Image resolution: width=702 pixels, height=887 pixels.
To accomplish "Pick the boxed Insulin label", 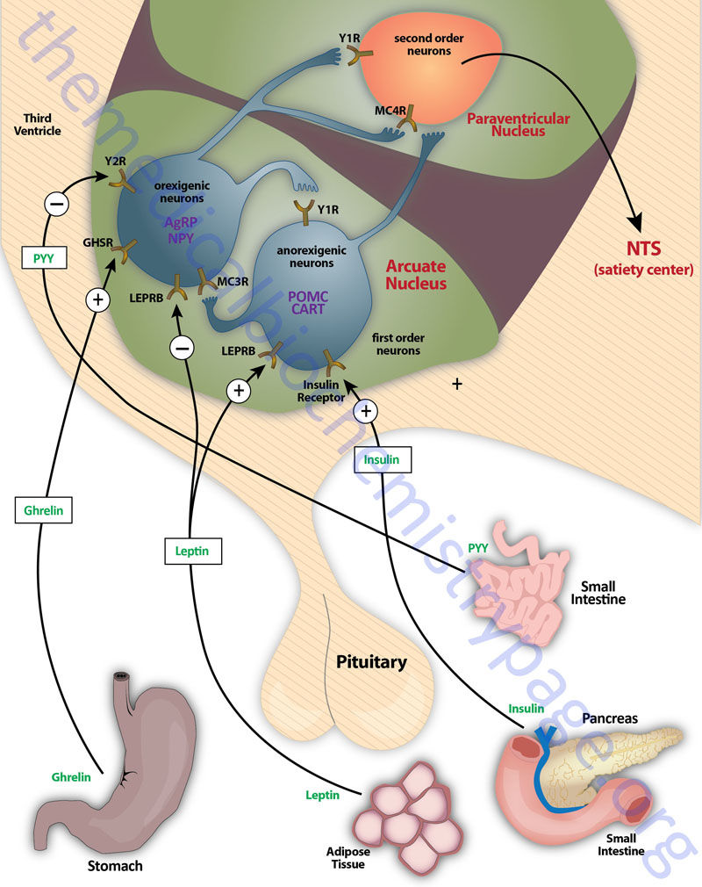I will click(x=383, y=459).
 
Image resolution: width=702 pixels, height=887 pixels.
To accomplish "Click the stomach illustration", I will click(x=118, y=773).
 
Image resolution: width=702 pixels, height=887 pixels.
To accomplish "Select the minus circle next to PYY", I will click(x=54, y=206).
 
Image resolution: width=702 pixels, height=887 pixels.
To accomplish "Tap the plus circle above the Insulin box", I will click(x=366, y=411).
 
